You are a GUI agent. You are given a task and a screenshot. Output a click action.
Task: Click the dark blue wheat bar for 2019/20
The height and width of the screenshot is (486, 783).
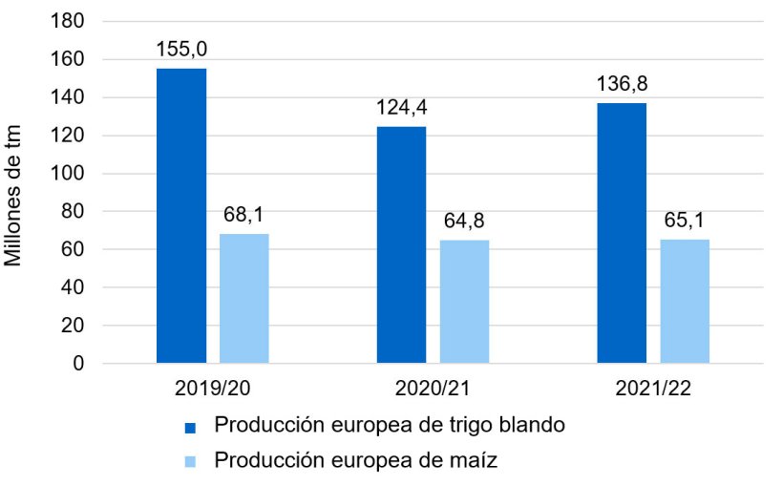[x=181, y=216]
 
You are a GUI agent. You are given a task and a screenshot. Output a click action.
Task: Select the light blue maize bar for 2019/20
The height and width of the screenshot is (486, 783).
[x=244, y=298]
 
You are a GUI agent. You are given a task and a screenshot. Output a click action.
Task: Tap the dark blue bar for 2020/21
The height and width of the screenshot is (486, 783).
[x=401, y=244]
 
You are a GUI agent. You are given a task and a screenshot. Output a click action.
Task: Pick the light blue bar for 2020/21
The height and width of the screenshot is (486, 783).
[x=464, y=302]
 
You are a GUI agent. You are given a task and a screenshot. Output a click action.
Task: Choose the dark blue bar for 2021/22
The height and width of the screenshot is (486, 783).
[x=622, y=233]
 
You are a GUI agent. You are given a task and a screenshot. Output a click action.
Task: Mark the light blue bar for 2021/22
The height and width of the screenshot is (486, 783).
[x=685, y=301]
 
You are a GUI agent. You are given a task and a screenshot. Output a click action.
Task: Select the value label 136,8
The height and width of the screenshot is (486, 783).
[x=622, y=85]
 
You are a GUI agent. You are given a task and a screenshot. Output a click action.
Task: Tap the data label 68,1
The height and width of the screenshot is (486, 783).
[x=244, y=216]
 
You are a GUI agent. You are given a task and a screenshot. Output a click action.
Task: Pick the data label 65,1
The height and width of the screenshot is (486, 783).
[x=685, y=222]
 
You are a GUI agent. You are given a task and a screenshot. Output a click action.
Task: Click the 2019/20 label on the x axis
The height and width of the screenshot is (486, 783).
[x=213, y=390]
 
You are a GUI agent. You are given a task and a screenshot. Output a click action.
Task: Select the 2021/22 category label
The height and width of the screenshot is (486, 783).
[x=653, y=390]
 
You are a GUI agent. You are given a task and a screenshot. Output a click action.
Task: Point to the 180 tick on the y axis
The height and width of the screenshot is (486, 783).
[x=73, y=21]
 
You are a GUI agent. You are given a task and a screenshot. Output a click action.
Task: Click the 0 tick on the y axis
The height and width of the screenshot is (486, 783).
[x=80, y=364]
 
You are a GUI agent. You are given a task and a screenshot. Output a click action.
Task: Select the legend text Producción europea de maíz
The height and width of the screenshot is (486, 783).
[x=356, y=460]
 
